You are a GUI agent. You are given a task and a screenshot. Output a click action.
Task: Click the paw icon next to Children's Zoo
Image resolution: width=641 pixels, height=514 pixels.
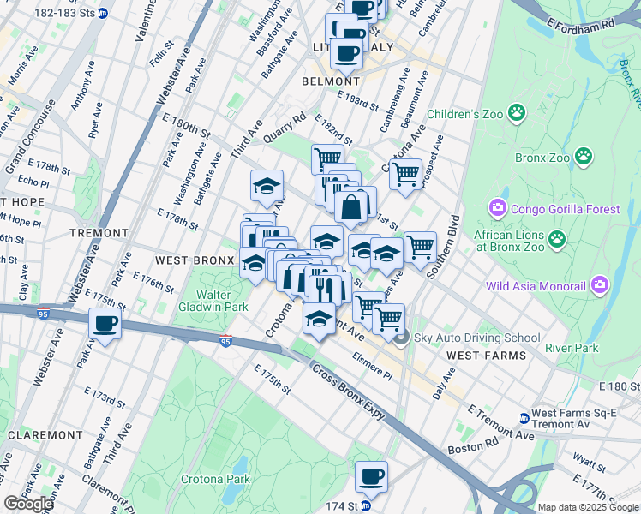click(517, 112)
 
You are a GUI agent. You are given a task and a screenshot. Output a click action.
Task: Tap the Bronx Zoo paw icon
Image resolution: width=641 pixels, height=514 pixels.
click(584, 156)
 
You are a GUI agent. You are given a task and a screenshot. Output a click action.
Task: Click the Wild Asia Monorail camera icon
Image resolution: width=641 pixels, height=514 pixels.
click(599, 284)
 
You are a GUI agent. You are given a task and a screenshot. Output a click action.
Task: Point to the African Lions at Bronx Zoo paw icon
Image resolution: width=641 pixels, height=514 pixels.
click(557, 239)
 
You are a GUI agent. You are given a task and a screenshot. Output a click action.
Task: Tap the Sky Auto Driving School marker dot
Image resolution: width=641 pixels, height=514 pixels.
click(402, 338)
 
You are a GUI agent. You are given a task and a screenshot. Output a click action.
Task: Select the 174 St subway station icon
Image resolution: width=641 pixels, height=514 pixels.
click(366, 506)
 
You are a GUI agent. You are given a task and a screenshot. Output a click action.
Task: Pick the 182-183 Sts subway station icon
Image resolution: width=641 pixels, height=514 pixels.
click(104, 13)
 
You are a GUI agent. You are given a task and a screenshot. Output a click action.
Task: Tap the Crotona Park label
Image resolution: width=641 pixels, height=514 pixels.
click(213, 479)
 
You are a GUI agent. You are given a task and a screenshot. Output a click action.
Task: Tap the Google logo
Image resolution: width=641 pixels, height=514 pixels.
click(30, 504)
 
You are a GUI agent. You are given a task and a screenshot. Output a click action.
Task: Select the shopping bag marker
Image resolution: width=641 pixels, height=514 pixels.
click(352, 206)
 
